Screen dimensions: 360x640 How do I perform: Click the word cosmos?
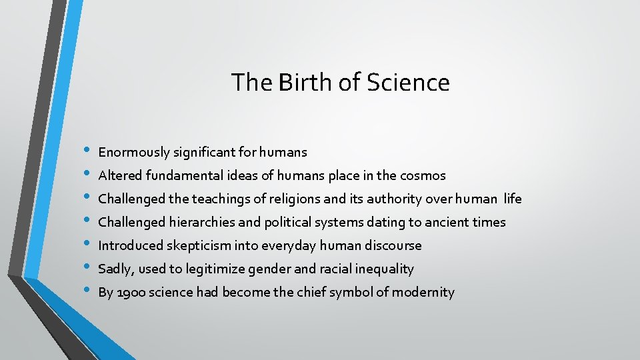click(x=423, y=176)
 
